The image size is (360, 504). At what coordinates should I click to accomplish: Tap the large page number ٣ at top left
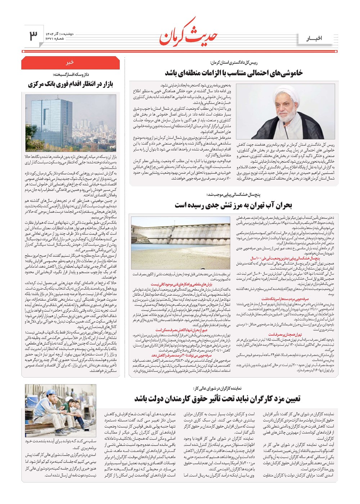[x=33, y=35]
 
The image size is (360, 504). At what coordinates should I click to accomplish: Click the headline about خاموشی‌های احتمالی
[x=234, y=73]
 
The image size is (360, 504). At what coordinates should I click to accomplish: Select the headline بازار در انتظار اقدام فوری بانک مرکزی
[x=71, y=84]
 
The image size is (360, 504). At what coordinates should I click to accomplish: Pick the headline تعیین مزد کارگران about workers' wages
[x=217, y=399]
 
